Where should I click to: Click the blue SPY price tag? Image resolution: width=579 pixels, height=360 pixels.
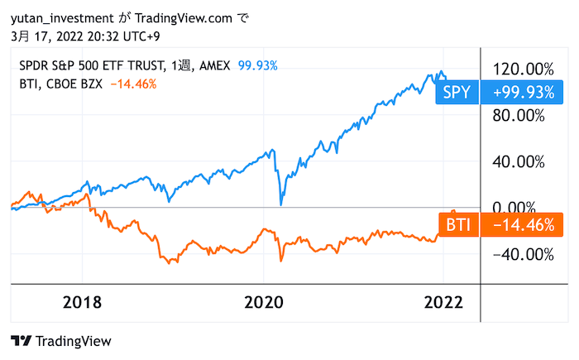click(x=456, y=93)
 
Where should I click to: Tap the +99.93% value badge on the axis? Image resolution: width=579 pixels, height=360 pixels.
click(x=522, y=93)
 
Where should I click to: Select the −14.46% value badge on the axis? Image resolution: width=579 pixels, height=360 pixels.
click(x=522, y=225)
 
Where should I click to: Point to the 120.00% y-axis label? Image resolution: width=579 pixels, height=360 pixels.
click(x=522, y=69)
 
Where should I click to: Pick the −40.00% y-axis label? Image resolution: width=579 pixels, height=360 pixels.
click(x=522, y=254)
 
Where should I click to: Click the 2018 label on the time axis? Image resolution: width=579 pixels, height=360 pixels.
click(x=82, y=301)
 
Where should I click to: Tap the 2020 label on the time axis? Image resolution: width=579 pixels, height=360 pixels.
click(x=264, y=301)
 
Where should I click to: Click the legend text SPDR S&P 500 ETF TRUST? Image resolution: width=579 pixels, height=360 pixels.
click(x=91, y=65)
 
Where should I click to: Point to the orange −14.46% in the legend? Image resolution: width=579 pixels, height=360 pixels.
click(x=132, y=83)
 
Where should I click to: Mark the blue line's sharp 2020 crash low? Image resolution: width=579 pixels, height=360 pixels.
click(x=281, y=204)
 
